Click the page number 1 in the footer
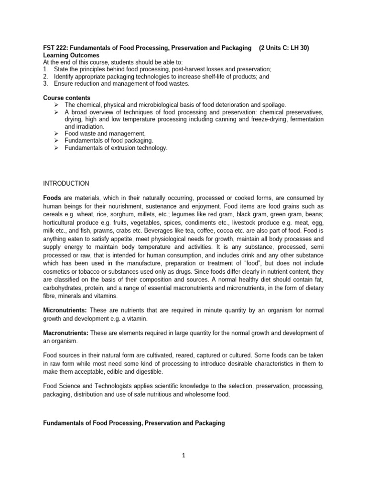[x=183, y=455]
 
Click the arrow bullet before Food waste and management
[x=56, y=134]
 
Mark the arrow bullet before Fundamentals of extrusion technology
[x=56, y=148]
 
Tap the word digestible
[x=149, y=371]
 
